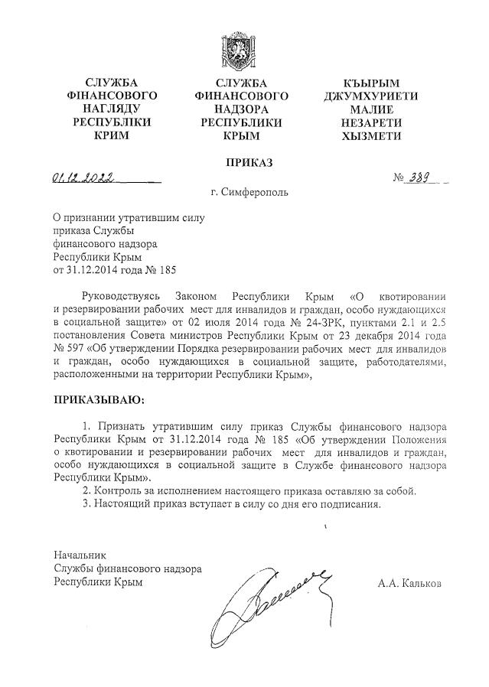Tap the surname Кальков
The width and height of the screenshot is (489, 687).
[419, 582]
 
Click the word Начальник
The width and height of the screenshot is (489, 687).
[80, 555]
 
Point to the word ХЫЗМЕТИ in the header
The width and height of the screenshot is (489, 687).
[372, 135]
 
